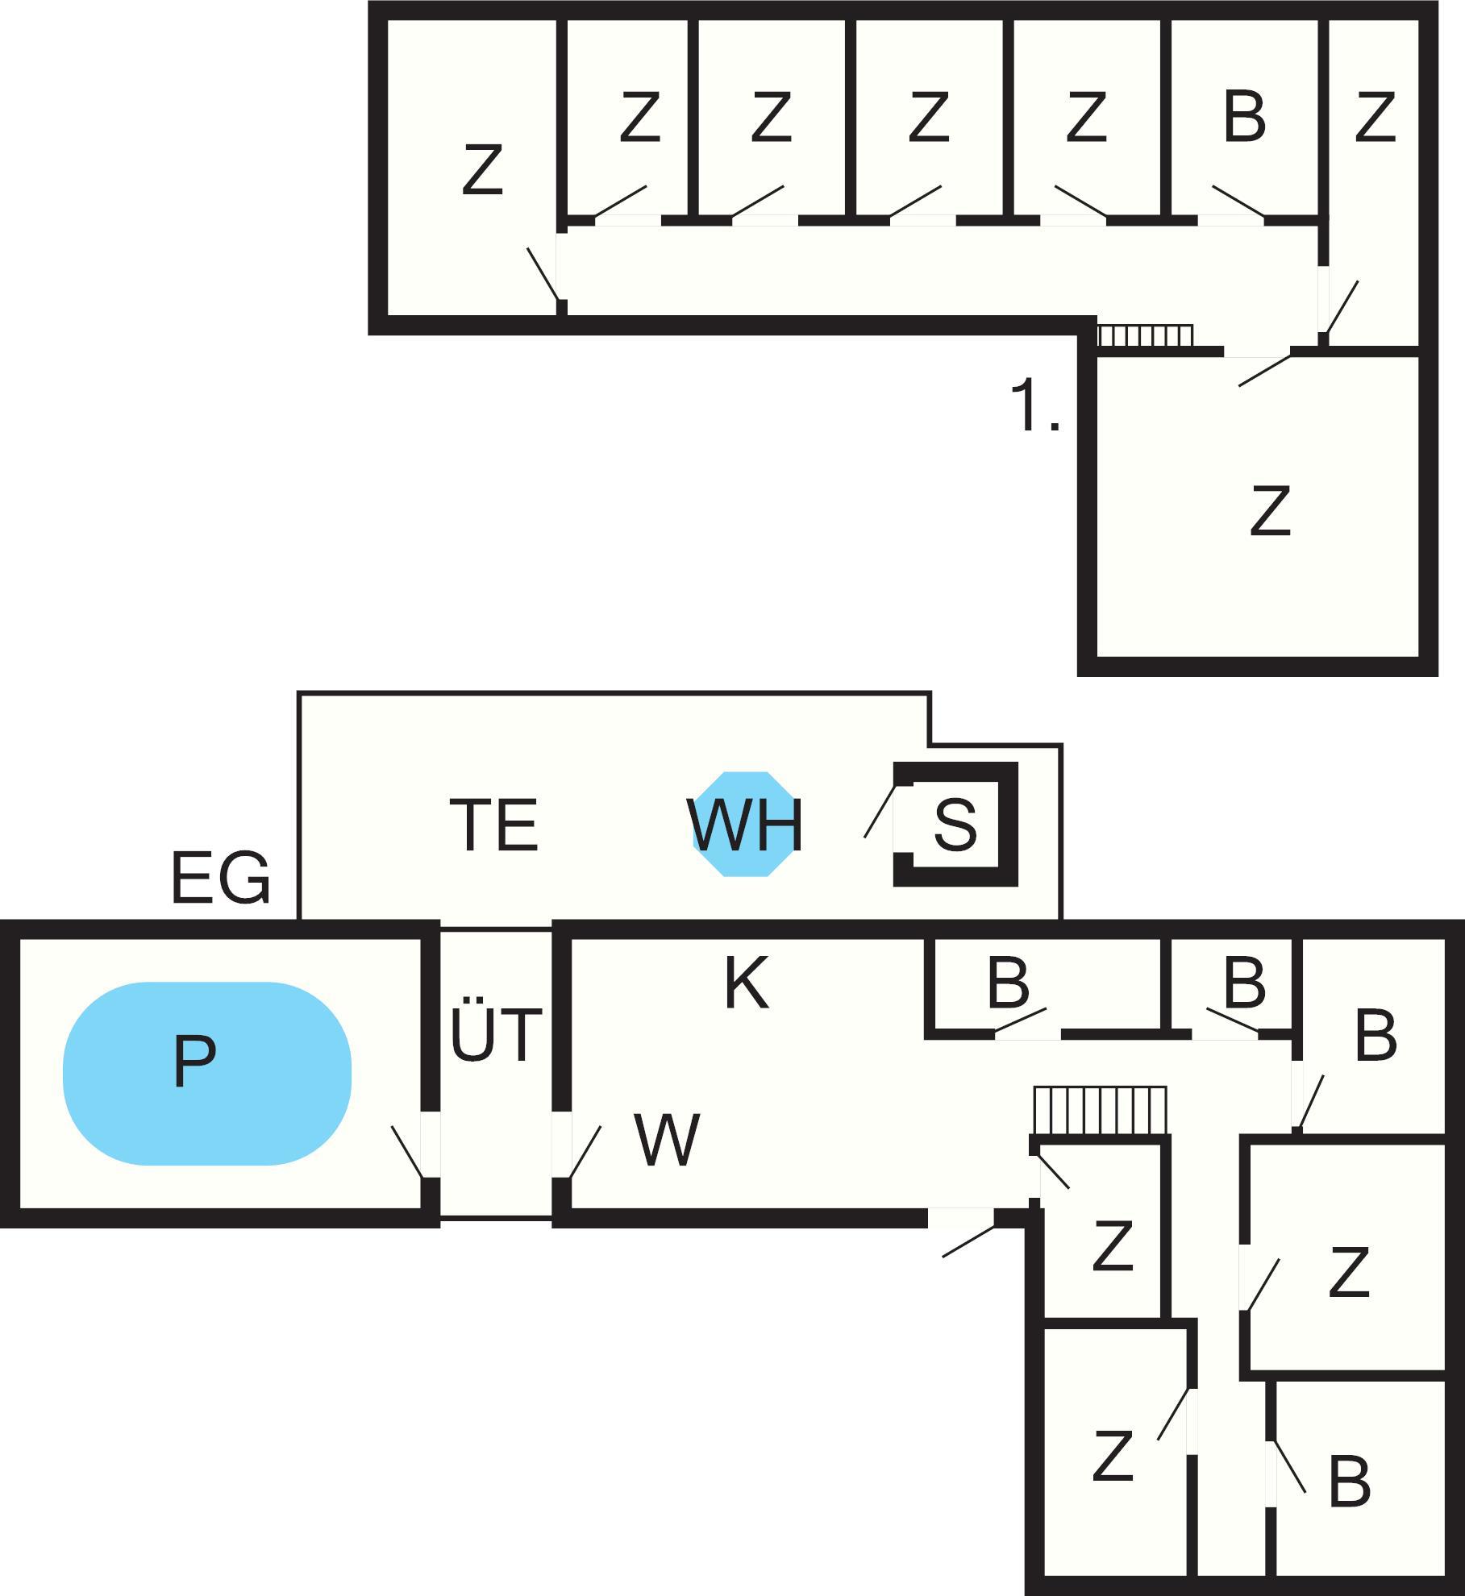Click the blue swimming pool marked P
206,1073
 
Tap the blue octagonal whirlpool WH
744,824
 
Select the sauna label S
955,824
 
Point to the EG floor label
220,879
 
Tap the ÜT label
495,1034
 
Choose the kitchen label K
746,983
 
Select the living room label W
667,1140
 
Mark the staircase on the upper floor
1145,335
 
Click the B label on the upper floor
1244,118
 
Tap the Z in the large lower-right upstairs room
1270,511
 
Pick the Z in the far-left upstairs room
482,169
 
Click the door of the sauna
880,811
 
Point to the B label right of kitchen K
1008,983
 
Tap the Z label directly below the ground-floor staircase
1113,1247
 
